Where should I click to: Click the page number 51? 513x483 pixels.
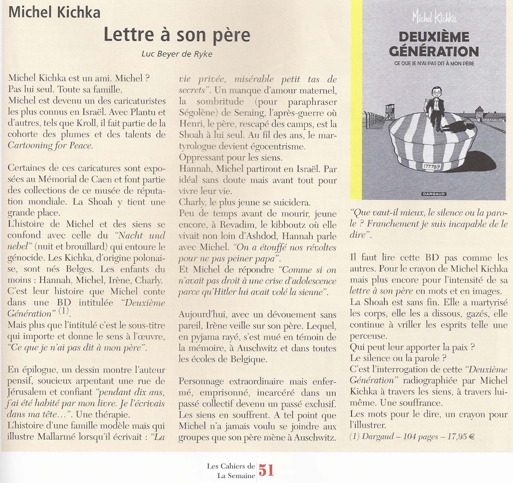pos(266,471)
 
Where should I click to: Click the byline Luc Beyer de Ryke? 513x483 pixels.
pos(177,54)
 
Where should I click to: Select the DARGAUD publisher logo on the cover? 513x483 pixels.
pos(434,194)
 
